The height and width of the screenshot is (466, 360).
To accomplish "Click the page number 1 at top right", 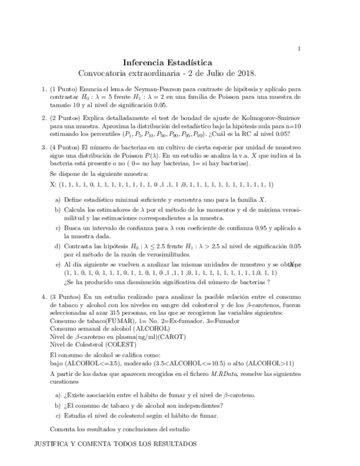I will (x=299, y=49).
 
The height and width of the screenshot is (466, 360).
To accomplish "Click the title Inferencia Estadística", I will (x=167, y=63).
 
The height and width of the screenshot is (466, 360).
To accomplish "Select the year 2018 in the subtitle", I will (x=245, y=73).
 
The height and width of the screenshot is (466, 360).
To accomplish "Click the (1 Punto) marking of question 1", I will (x=64, y=88).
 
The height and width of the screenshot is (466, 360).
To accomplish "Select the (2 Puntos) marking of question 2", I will (x=65, y=118).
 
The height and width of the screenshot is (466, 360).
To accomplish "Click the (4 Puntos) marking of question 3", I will (x=65, y=147).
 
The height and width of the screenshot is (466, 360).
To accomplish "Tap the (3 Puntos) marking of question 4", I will (x=65, y=297).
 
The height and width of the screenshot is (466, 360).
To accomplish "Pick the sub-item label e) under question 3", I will (x=57, y=264).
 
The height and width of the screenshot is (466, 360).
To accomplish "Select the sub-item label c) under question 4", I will (x=57, y=415).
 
